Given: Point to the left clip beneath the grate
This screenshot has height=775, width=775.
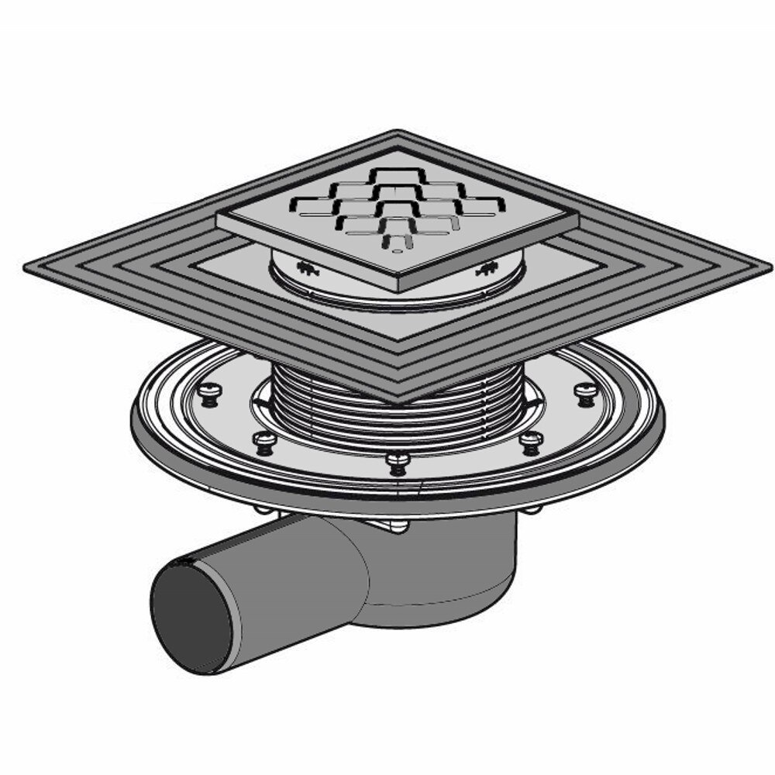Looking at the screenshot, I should tap(307, 269).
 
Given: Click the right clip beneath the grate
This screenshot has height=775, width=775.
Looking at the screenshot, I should tap(487, 270).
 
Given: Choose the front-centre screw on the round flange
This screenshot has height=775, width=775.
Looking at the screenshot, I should tap(398, 463).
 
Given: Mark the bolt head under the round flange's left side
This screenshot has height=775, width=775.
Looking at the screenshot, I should tap(264, 510).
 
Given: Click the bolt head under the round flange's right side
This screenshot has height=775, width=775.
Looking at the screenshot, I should tap(533, 509).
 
